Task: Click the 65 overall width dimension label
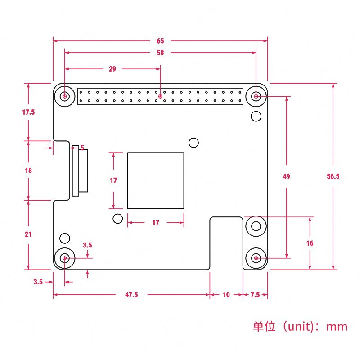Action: (x=161, y=41)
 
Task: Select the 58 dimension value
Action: (x=161, y=53)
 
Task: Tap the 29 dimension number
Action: (x=112, y=69)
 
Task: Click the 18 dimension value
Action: (x=28, y=171)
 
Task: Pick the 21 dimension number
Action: (x=28, y=234)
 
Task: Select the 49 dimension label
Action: (x=286, y=176)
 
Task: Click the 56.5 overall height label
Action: (x=333, y=176)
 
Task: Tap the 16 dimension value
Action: (x=310, y=243)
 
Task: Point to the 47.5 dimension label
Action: (x=131, y=295)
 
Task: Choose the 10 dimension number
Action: (x=226, y=295)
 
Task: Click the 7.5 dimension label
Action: (x=255, y=295)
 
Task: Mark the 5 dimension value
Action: (x=82, y=148)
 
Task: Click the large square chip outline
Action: (x=156, y=180)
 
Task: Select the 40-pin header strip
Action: (x=161, y=96)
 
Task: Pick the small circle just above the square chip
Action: (x=193, y=143)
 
